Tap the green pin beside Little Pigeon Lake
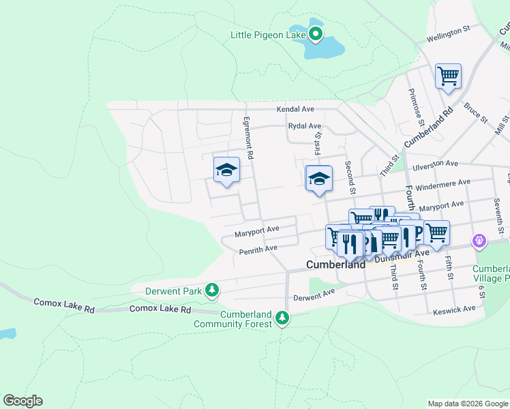tap(316, 33)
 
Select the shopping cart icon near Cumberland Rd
tap(448, 76)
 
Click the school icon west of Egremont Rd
tap(226, 171)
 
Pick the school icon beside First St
tap(318, 179)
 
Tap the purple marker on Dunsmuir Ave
tap(479, 241)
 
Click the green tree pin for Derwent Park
tap(213, 291)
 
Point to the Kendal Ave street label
tap(295, 109)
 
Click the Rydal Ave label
tap(304, 126)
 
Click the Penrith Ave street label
tap(258, 250)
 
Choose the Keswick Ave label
tap(454, 309)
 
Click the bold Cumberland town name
tap(336, 264)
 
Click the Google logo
tap(22, 401)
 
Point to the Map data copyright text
tap(467, 404)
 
